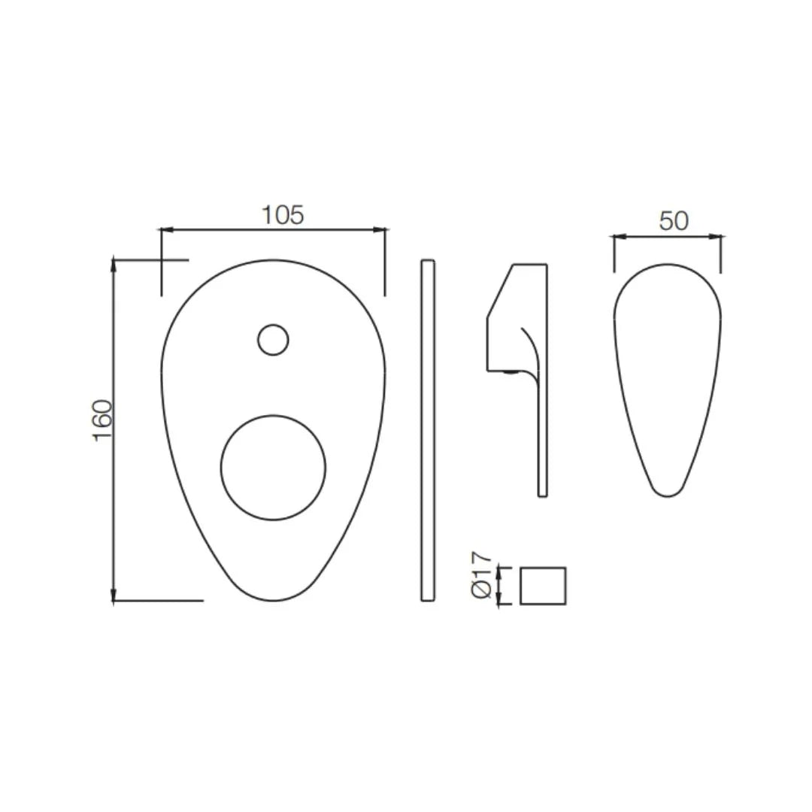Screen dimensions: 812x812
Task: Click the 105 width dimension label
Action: pyautogui.click(x=283, y=215)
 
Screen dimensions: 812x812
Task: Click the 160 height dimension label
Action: pyautogui.click(x=103, y=420)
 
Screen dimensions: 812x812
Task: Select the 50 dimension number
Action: pyautogui.click(x=674, y=221)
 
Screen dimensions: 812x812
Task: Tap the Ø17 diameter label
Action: pyautogui.click(x=482, y=575)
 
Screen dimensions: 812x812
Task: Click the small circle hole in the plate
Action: pyautogui.click(x=273, y=340)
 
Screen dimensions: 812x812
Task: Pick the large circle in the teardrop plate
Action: pyautogui.click(x=273, y=468)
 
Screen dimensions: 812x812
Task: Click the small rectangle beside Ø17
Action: pyautogui.click(x=543, y=586)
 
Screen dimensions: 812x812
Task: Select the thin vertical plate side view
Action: pyautogui.click(x=427, y=430)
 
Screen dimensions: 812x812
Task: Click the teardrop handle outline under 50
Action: pyautogui.click(x=667, y=380)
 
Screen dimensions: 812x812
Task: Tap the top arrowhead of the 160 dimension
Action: pyautogui.click(x=114, y=262)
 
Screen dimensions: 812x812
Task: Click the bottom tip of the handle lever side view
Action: pyautogui.click(x=542, y=494)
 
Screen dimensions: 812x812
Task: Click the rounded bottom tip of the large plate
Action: pyautogui.click(x=273, y=598)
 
